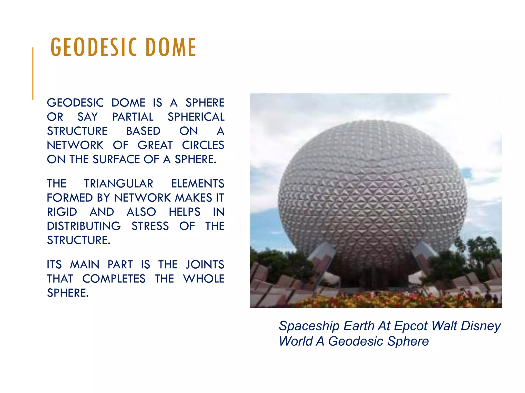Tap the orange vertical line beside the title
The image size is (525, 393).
pos(33,73)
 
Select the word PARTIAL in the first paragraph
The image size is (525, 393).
pos(133,117)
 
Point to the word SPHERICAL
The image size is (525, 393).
pos(196,117)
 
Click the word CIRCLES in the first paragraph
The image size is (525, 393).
pos(203,145)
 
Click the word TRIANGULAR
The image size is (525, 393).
pos(119,184)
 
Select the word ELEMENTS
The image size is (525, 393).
pos(198,184)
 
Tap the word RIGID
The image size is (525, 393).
pos(62,212)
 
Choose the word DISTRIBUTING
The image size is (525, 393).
pos(84,226)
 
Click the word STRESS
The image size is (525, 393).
pos(150,226)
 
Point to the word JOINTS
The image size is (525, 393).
pos(205,265)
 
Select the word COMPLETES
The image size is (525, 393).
pos(114,279)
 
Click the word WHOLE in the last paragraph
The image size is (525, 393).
pos(204,279)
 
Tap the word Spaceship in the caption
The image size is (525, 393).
pos(309,326)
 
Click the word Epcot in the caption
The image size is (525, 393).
pos(411,326)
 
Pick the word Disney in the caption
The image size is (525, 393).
pos(481,326)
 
